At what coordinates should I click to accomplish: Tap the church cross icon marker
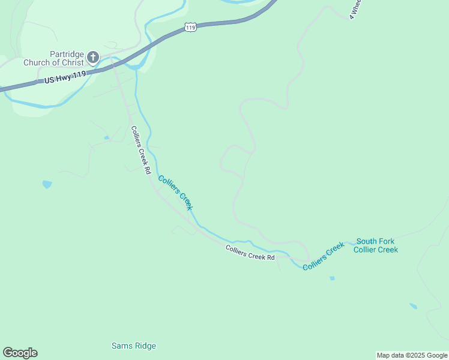click(93, 58)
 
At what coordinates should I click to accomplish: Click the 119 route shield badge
click(190, 28)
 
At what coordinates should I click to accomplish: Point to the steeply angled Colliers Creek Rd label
click(140, 149)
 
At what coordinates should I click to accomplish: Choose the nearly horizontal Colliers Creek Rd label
click(250, 253)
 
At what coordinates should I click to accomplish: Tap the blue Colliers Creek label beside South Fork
click(324, 256)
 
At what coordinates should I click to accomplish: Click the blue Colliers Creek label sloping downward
click(175, 192)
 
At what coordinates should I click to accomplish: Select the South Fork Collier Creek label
click(376, 245)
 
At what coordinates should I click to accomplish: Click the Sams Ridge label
click(134, 346)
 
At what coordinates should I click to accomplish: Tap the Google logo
click(20, 353)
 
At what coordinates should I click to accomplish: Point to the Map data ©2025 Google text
click(412, 355)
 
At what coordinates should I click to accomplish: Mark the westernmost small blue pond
click(47, 184)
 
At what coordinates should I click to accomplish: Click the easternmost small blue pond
click(413, 306)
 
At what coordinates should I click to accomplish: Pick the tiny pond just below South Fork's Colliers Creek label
click(332, 278)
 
